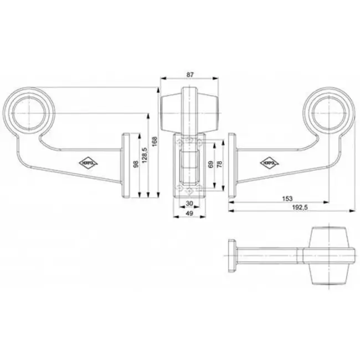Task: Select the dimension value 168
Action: (155, 143)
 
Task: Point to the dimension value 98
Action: (135, 165)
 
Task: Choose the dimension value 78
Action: (219, 165)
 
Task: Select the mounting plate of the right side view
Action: (233, 165)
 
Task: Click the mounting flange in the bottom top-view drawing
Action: (232, 255)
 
